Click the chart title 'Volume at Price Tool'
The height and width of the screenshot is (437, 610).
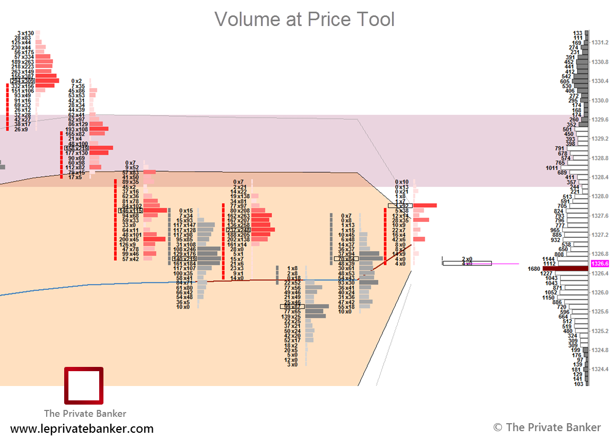[304, 20]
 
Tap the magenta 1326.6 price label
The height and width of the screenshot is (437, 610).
[599, 264]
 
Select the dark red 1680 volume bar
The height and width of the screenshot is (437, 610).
[565, 269]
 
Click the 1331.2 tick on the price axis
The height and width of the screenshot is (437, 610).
[600, 42]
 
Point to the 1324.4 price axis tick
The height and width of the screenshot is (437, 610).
[600, 369]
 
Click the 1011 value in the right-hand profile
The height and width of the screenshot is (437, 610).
[552, 168]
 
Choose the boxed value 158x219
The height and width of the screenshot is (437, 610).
[76, 148]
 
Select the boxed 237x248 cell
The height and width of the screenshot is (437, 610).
[239, 230]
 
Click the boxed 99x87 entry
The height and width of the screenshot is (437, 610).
[292, 306]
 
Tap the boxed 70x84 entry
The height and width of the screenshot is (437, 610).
[346, 259]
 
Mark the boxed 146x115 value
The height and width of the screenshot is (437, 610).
[130, 211]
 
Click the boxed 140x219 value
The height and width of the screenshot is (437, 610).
[185, 259]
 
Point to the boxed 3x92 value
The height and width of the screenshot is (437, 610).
[400, 205]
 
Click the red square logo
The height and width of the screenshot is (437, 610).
[84, 385]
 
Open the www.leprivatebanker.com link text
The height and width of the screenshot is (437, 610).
[82, 429]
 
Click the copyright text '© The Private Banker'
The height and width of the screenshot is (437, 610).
[547, 427]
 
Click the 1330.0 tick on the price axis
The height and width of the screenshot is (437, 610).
[600, 100]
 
